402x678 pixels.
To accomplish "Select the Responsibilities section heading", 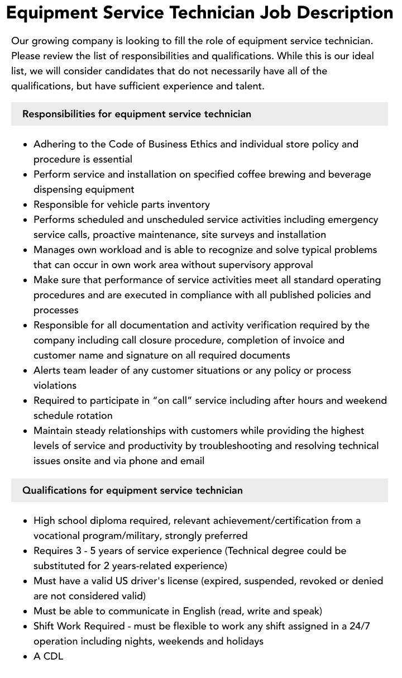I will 137,114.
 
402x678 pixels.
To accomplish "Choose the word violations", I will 55,385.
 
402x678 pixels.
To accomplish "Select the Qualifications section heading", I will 132,490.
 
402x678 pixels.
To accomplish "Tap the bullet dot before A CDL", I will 26,657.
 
